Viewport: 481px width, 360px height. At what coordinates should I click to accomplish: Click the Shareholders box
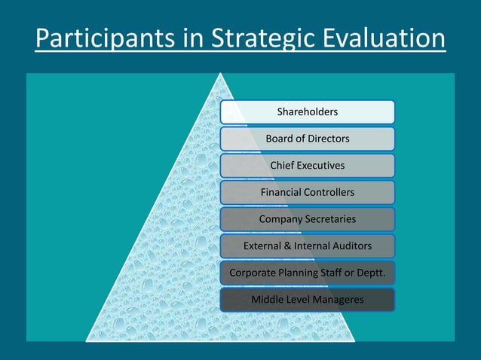[x=307, y=112]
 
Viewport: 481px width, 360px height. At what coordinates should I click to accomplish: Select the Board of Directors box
[x=307, y=139]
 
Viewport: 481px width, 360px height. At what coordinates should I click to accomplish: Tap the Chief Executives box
[x=307, y=166]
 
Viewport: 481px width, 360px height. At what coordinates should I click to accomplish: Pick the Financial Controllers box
[x=307, y=192]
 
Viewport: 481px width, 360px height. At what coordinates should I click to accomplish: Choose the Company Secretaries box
[x=307, y=219]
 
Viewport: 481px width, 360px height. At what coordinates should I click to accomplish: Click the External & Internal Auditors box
[x=307, y=246]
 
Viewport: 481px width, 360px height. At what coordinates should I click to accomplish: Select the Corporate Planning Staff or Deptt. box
[x=307, y=273]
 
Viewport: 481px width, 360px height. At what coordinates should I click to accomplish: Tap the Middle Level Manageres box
[x=307, y=300]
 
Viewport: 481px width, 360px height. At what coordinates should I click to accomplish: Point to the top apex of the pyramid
[x=220, y=74]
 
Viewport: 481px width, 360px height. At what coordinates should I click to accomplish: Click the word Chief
[x=283, y=166]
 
